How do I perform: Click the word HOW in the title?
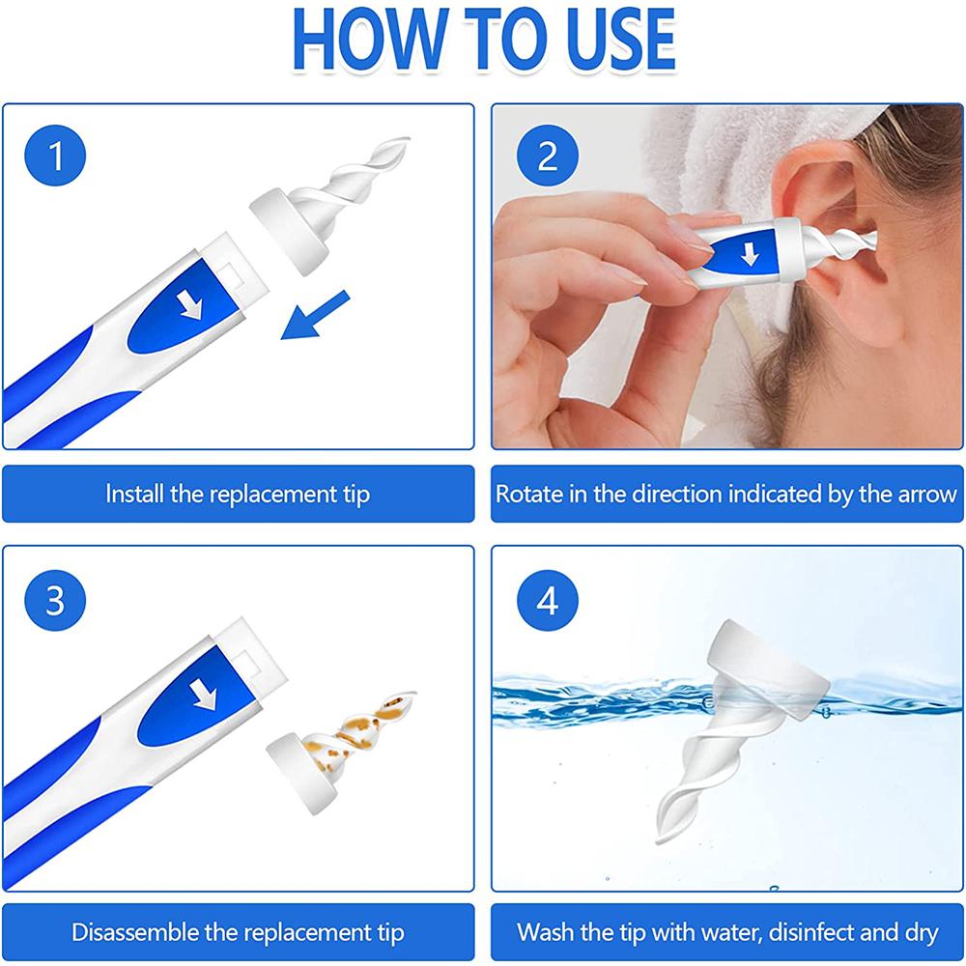coord(369,40)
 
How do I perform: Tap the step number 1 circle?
coord(55,155)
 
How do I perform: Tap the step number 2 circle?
coord(547,155)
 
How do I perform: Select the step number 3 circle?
coord(55,600)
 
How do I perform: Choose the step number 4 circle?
coord(547,600)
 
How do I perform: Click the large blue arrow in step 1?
coord(315,315)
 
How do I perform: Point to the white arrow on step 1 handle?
coord(191,304)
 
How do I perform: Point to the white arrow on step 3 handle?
coord(205,695)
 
